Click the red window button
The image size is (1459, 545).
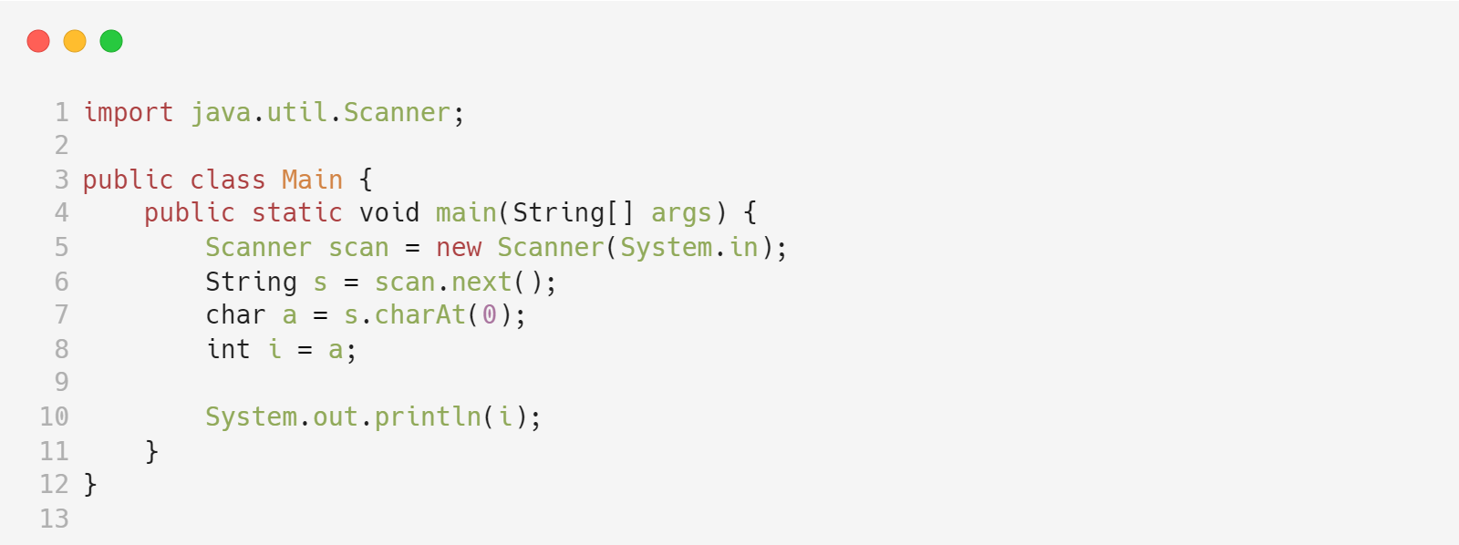[x=38, y=41]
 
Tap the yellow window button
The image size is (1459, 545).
[x=75, y=41]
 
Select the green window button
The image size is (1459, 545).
[x=111, y=41]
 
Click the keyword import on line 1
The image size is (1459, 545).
[x=128, y=112]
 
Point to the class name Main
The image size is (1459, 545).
[x=312, y=180]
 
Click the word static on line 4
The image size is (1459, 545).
[x=296, y=212]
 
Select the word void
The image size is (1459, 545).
[x=389, y=212]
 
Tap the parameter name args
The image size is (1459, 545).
[x=680, y=212]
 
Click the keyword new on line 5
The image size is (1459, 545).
[x=459, y=247]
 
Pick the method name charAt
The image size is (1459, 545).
[x=419, y=315]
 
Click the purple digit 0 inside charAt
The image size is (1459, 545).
[x=490, y=315]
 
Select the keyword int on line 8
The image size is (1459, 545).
[x=228, y=349]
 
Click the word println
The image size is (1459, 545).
[x=428, y=416]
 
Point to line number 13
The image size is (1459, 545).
[x=54, y=519]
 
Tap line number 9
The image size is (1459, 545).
[x=61, y=382]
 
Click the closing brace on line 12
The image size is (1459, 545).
[x=90, y=484]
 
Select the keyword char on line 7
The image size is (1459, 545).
[x=235, y=315]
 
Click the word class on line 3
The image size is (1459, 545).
[x=227, y=180]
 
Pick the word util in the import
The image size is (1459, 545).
[x=296, y=112]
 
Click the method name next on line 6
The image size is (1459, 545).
[x=481, y=282]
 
